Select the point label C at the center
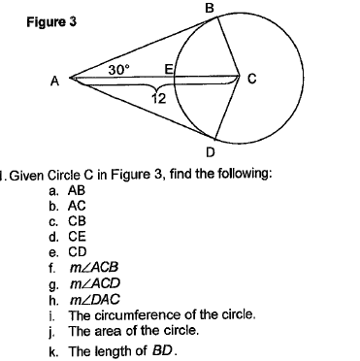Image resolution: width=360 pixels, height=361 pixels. [252, 81]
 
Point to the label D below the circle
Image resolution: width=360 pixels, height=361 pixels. [212, 151]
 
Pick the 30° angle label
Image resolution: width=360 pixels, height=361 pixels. [118, 70]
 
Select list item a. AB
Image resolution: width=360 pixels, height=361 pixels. [70, 192]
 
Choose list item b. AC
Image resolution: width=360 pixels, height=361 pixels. [70, 207]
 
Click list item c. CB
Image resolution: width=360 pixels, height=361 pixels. [70, 221]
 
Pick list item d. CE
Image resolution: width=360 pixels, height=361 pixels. [70, 236]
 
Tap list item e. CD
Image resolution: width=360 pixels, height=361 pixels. [70, 250]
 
